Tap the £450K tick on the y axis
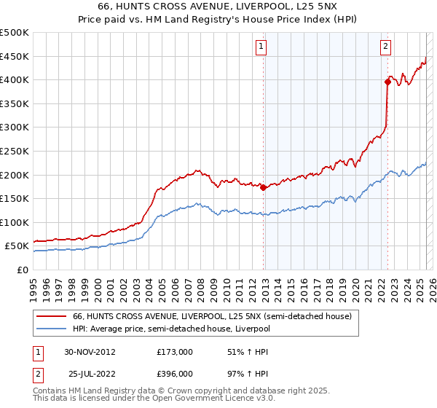coord(15,56)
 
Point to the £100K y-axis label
coord(15,222)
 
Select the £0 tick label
coord(22,270)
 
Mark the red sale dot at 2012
coord(263,187)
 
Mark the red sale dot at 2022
coord(387,82)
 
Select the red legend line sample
coord(50,316)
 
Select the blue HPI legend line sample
coord(50,328)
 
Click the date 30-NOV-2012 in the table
coord(90,351)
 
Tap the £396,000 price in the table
coord(175,373)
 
